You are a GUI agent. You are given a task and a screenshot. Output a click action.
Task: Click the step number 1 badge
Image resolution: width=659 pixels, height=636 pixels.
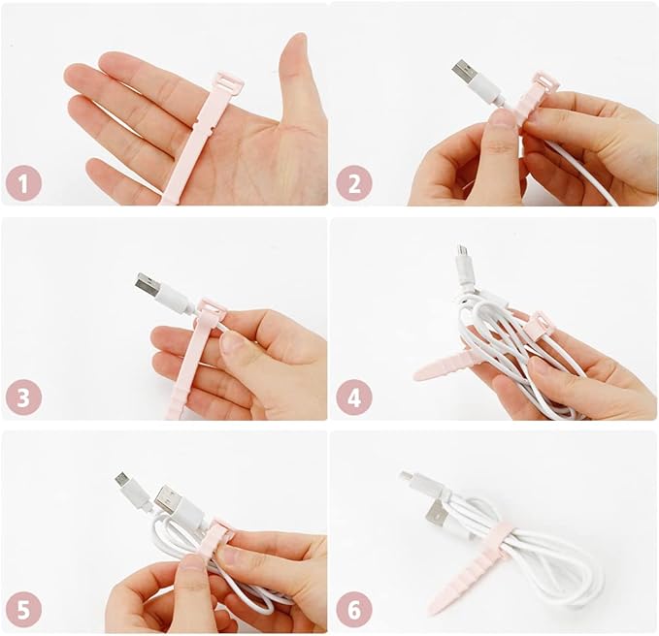point(23,183)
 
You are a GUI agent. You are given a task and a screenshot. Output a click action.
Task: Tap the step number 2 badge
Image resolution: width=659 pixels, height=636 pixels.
point(354,183)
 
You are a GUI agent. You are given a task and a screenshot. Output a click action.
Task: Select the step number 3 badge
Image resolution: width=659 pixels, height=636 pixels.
point(23,397)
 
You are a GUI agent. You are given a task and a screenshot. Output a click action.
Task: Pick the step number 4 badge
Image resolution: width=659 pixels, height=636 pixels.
point(354,397)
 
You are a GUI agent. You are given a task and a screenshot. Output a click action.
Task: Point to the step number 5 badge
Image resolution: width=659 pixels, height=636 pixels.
point(23,610)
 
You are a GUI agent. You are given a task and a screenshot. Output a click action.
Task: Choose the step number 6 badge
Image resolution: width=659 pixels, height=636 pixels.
point(354,610)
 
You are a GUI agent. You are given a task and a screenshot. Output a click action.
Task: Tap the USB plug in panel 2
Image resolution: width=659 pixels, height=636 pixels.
point(465,71)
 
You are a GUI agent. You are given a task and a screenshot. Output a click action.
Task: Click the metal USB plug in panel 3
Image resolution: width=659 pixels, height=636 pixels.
point(148,283)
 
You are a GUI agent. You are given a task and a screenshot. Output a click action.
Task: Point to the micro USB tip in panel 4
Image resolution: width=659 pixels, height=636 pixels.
point(463,251)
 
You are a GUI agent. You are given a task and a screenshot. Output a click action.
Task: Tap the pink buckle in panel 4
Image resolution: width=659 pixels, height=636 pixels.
point(537,323)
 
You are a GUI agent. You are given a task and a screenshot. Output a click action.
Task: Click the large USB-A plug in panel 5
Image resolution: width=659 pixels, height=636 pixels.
point(166,499)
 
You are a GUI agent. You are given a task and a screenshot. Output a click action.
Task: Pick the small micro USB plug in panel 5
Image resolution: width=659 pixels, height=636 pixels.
point(123,480)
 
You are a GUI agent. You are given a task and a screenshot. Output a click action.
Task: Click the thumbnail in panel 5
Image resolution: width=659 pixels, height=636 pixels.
point(192,561)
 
